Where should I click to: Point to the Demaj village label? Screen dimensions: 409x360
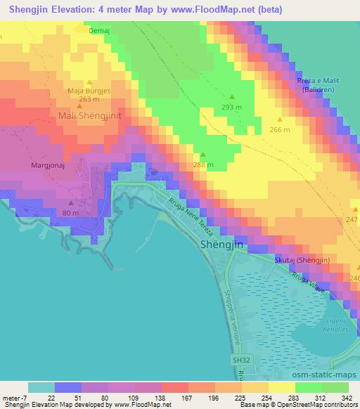[100, 31]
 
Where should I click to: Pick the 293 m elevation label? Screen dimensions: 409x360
[231, 107]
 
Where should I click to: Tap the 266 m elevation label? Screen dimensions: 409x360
[280, 129]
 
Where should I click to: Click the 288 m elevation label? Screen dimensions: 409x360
[204, 165]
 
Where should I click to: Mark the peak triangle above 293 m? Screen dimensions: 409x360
[231, 97]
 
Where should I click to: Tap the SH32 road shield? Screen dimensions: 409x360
[242, 360]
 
